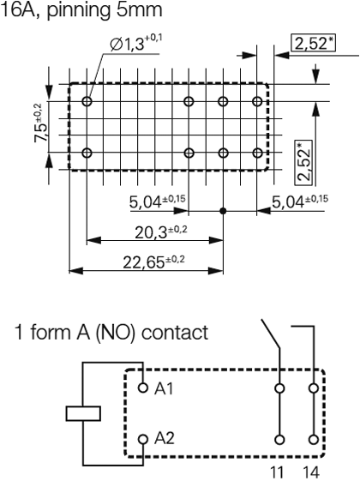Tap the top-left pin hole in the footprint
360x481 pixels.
[87, 101]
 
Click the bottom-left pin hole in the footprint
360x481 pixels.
[87, 153]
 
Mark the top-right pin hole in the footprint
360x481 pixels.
[257, 101]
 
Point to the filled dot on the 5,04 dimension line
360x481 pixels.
[223, 210]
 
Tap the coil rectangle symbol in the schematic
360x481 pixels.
[83, 415]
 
